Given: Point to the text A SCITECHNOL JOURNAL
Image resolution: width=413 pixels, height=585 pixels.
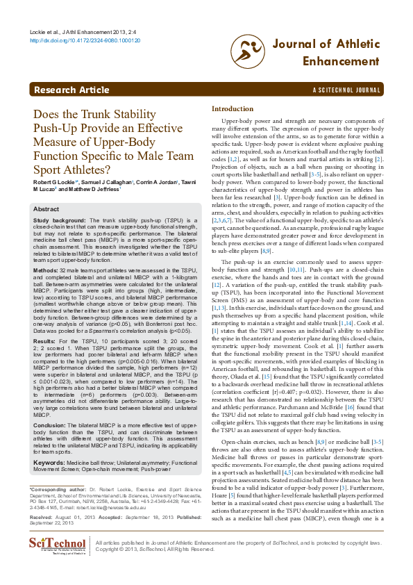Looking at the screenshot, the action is (x=346, y=91).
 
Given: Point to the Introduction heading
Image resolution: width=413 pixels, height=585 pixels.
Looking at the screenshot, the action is (x=233, y=109).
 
